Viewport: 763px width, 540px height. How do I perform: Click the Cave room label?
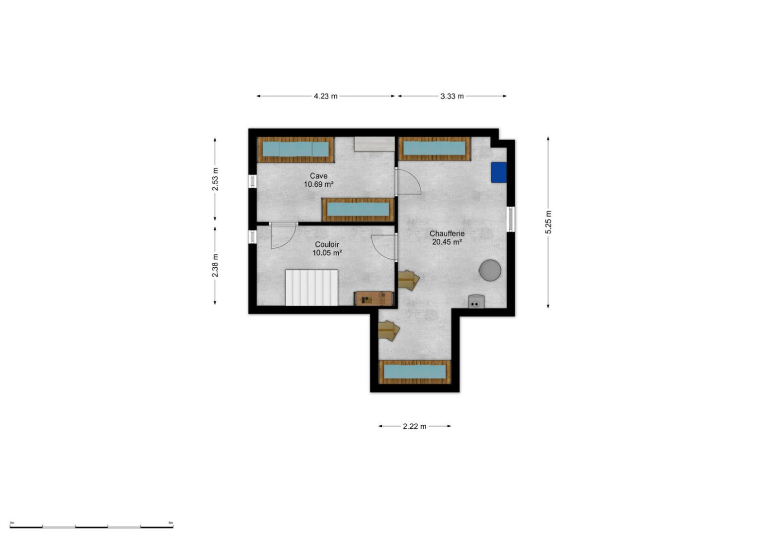318,176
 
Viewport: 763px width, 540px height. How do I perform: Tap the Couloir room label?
327,244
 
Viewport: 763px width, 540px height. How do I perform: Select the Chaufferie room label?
447,233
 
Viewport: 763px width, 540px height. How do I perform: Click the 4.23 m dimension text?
326,96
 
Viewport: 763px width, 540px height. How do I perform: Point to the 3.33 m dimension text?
452,96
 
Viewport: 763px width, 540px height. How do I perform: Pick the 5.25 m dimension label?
548,222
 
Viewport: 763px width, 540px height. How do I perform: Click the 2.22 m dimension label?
415,426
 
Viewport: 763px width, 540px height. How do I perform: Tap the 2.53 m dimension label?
215,179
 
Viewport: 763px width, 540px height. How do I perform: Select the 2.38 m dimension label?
215,266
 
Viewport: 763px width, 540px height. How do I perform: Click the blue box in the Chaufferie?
499,172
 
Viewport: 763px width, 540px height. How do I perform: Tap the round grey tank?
490,271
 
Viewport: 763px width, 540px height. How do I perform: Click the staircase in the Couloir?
311,288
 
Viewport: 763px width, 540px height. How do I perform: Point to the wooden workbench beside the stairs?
374,299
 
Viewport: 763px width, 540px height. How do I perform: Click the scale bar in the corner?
91,527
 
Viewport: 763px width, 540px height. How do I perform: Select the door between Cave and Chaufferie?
408,182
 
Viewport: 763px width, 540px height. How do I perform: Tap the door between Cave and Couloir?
284,235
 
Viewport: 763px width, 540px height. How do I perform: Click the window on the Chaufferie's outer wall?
511,219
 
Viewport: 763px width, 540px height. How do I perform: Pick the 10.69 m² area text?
318,185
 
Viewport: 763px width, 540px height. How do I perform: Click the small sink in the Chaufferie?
476,302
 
